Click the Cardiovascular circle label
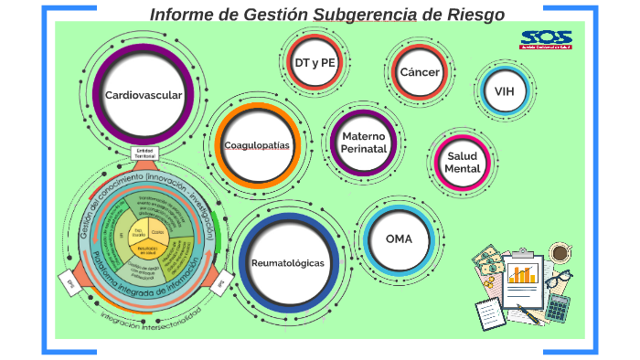[143, 95]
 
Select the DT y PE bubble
[314, 62]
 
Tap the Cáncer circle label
[420, 72]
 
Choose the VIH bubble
[504, 91]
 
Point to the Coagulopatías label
[257, 145]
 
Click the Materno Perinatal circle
[364, 142]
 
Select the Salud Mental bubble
[463, 162]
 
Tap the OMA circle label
[399, 238]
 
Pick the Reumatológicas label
[287, 263]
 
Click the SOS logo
[546, 40]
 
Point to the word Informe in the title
[182, 14]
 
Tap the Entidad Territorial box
[144, 154]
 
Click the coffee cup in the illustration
[560, 251]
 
